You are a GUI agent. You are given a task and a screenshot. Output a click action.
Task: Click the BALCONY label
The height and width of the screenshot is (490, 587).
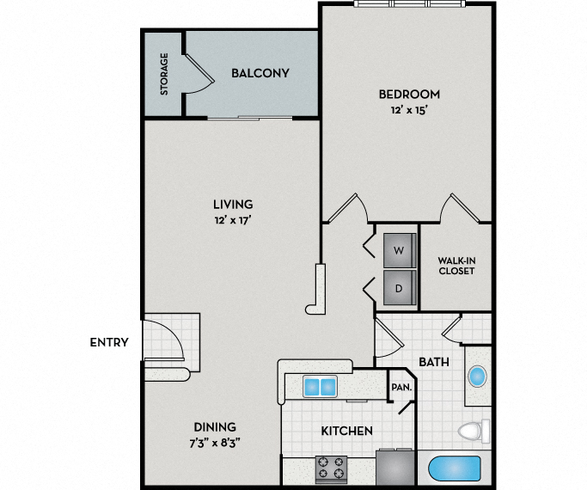[x=260, y=73]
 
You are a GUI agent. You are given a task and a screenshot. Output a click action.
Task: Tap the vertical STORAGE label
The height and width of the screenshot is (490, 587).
[x=163, y=74]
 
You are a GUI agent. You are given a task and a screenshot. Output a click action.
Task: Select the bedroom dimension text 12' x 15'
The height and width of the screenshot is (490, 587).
[x=408, y=109]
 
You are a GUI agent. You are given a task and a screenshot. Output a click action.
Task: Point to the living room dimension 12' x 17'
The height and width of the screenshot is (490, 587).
[x=233, y=220]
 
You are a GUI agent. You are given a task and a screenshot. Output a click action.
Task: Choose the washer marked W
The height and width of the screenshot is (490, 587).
[x=398, y=250]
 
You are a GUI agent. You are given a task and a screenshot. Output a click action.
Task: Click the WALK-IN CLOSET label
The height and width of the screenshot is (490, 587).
[x=456, y=265]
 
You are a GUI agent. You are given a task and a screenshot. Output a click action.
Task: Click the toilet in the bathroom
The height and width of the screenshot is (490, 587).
[x=474, y=430]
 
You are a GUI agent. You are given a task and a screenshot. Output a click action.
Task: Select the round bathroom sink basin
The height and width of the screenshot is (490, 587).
[x=477, y=376]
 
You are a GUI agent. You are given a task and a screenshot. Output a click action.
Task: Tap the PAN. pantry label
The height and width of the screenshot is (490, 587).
[x=401, y=388]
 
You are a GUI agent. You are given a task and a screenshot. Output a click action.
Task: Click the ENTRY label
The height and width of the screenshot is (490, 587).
[x=109, y=342]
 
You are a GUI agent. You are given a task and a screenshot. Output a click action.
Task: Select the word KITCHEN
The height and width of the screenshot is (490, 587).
[x=346, y=431]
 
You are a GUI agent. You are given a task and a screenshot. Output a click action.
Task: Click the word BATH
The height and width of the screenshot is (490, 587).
[x=434, y=362]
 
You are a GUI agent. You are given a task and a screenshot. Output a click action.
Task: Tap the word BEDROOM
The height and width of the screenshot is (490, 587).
[x=409, y=94]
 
